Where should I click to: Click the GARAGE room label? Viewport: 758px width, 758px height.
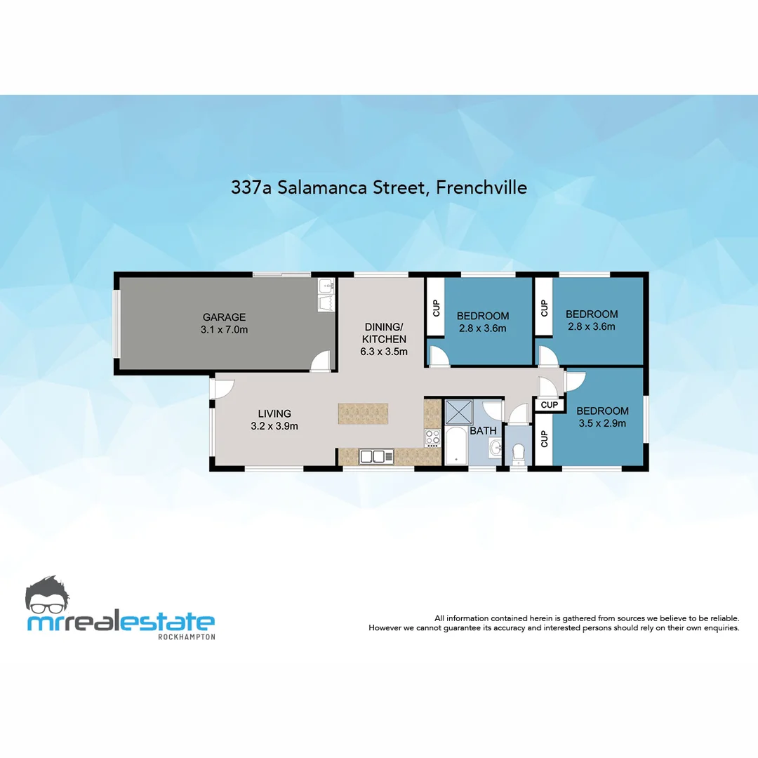click(224, 317)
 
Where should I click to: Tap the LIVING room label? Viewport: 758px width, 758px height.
click(274, 413)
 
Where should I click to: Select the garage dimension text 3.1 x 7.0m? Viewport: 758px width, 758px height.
click(224, 329)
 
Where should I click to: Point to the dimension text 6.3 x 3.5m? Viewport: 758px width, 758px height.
click(383, 352)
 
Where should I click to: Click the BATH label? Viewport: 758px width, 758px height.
click(483, 430)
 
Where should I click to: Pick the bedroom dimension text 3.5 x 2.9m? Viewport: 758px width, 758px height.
click(602, 423)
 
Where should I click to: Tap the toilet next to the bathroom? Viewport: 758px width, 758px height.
click(519, 453)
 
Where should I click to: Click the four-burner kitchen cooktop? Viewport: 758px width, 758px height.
click(432, 437)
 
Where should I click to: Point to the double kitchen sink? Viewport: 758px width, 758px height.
click(372, 456)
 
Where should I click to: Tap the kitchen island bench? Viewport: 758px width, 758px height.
click(363, 413)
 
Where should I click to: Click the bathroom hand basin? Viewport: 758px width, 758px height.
click(496, 447)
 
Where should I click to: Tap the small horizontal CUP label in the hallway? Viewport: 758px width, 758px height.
click(550, 405)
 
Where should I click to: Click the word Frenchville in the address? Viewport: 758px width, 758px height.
click(481, 187)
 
